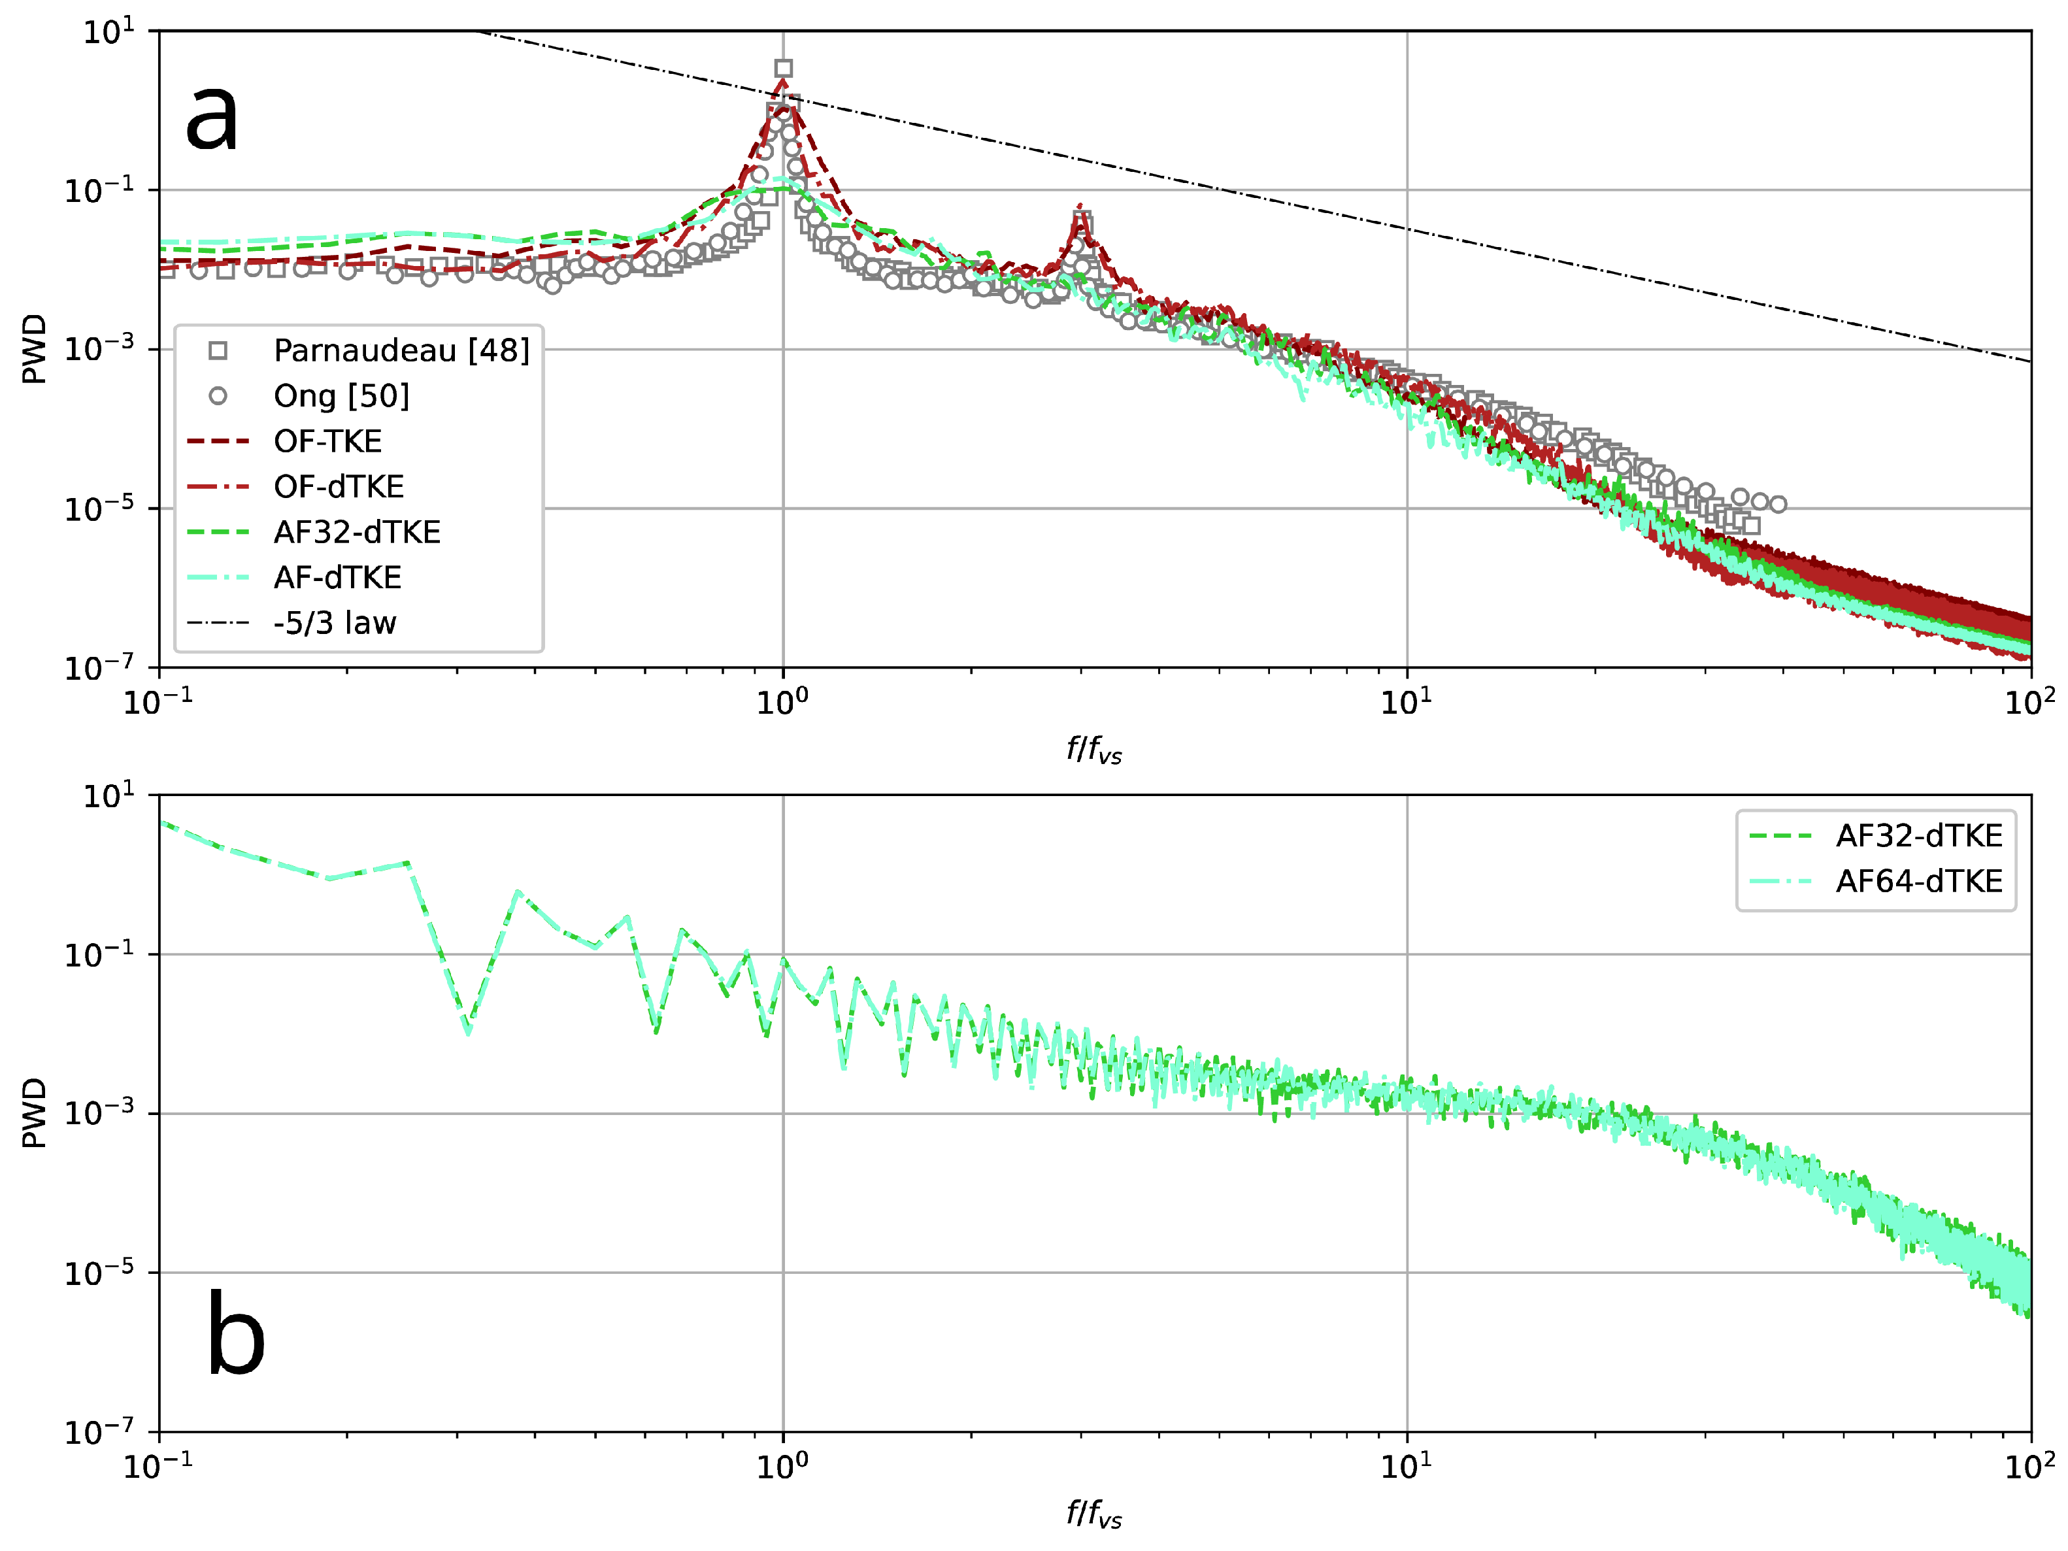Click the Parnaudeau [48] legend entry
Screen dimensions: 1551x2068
401,350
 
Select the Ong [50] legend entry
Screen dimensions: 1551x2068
341,396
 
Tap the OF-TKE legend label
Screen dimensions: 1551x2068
327,441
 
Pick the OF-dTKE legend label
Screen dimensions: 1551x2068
339,487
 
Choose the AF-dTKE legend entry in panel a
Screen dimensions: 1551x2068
337,578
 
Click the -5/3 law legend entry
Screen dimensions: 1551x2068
335,623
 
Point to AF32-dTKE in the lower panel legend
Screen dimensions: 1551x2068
1918,836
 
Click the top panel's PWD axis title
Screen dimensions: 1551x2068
33,349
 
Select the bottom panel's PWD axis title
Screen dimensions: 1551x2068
33,1112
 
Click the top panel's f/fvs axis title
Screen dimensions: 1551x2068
1094,750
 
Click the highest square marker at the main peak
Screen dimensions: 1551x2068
784,68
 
